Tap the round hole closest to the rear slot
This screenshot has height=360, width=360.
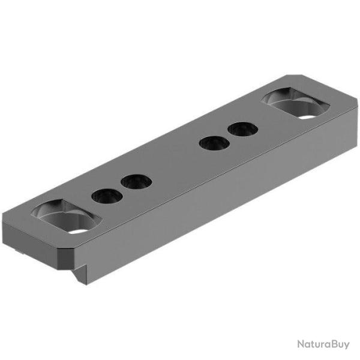tap(241, 129)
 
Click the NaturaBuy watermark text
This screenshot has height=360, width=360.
tap(323, 344)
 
